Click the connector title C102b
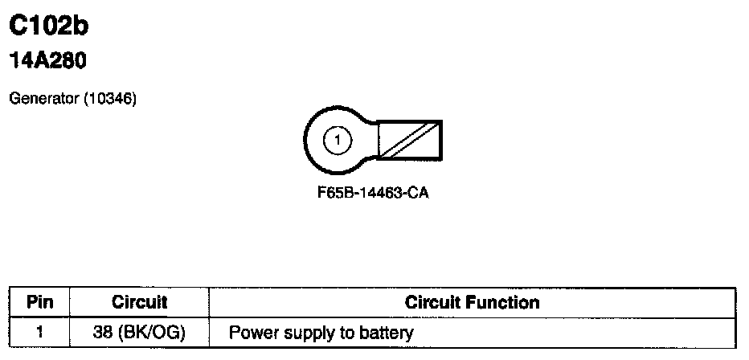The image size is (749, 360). (47, 27)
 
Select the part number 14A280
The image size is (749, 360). (47, 61)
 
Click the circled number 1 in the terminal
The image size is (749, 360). (338, 141)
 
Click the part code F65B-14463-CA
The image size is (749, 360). (373, 194)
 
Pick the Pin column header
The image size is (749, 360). (39, 303)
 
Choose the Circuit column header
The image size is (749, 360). (139, 303)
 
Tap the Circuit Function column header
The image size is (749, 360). (472, 303)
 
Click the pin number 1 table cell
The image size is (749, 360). (39, 332)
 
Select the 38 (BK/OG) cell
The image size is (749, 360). (139, 332)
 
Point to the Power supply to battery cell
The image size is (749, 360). (321, 332)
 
